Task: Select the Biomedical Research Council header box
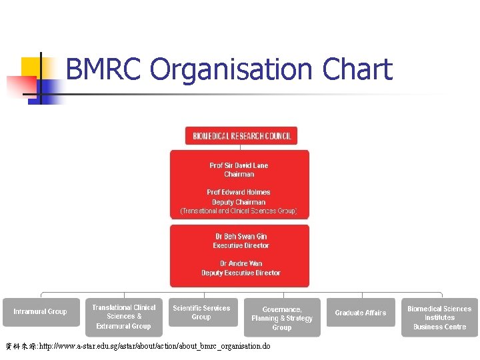241,136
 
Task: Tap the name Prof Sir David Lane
239,165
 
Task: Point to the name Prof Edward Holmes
239,193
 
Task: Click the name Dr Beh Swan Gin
241,236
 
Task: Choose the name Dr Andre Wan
241,263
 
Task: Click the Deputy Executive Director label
241,273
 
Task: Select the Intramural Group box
40,312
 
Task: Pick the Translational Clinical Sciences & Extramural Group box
123,317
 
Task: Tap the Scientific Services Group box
201,312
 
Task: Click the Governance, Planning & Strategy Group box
282,318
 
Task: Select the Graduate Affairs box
361,313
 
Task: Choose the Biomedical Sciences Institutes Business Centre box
439,317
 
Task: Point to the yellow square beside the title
31,67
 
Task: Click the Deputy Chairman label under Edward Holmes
239,202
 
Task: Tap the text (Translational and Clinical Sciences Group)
239,211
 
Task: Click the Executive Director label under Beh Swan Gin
241,245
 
